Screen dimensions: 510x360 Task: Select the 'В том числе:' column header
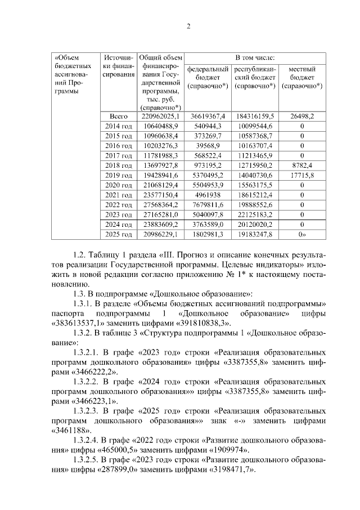pyautogui.click(x=254, y=57)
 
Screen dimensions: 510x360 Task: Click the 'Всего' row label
pyautogui.click(x=119, y=116)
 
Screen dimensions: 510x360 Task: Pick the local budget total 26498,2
pyautogui.click(x=301, y=116)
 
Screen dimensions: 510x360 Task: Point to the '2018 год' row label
pyautogui.click(x=119, y=165)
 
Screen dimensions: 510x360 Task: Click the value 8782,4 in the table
pyautogui.click(x=301, y=165)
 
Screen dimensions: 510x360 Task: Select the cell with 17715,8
pyautogui.click(x=301, y=175)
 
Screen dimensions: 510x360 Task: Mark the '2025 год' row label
pyautogui.click(x=119, y=234)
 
